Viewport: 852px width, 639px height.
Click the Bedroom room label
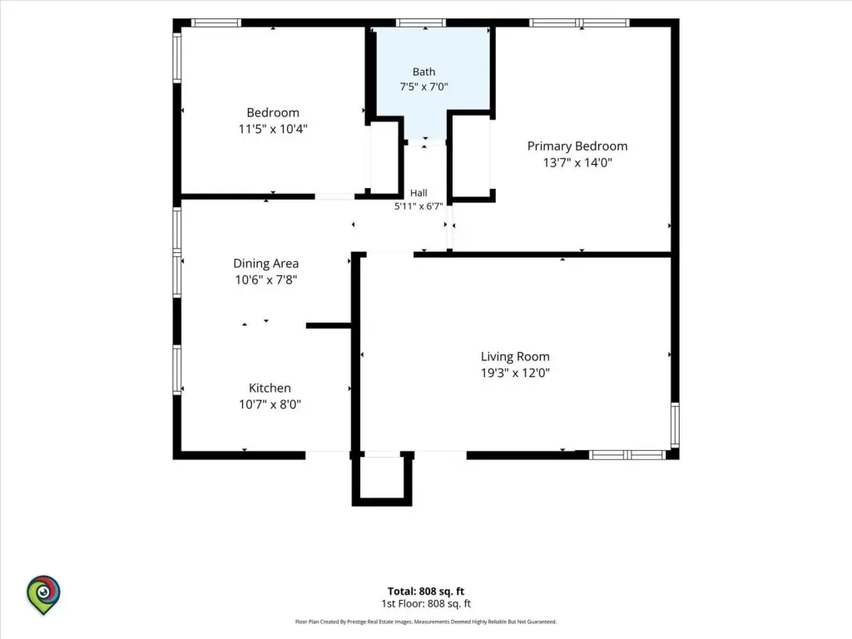[273, 112]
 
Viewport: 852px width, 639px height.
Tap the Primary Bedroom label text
[577, 146]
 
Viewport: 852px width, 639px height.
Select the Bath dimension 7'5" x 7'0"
[424, 87]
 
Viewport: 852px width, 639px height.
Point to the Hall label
[419, 193]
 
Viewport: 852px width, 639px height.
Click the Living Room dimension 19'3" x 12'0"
[515, 373]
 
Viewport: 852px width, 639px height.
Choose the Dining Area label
[265, 264]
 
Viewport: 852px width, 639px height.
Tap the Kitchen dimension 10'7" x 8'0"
[270, 404]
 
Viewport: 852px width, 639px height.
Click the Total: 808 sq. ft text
[426, 592]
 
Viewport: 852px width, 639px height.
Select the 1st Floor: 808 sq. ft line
[426, 604]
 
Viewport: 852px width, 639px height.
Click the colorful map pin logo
[43, 594]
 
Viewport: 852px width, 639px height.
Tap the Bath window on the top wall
[420, 22]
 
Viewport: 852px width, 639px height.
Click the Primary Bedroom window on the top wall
[579, 22]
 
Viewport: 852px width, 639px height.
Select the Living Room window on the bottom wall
[627, 455]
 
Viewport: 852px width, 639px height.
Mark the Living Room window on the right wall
[675, 425]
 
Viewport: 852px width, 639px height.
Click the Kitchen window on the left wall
[177, 369]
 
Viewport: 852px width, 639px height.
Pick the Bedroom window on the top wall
[215, 22]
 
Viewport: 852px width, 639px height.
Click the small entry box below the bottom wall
[382, 478]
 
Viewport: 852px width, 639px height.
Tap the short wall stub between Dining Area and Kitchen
[329, 325]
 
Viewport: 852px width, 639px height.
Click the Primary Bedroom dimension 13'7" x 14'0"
[577, 162]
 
